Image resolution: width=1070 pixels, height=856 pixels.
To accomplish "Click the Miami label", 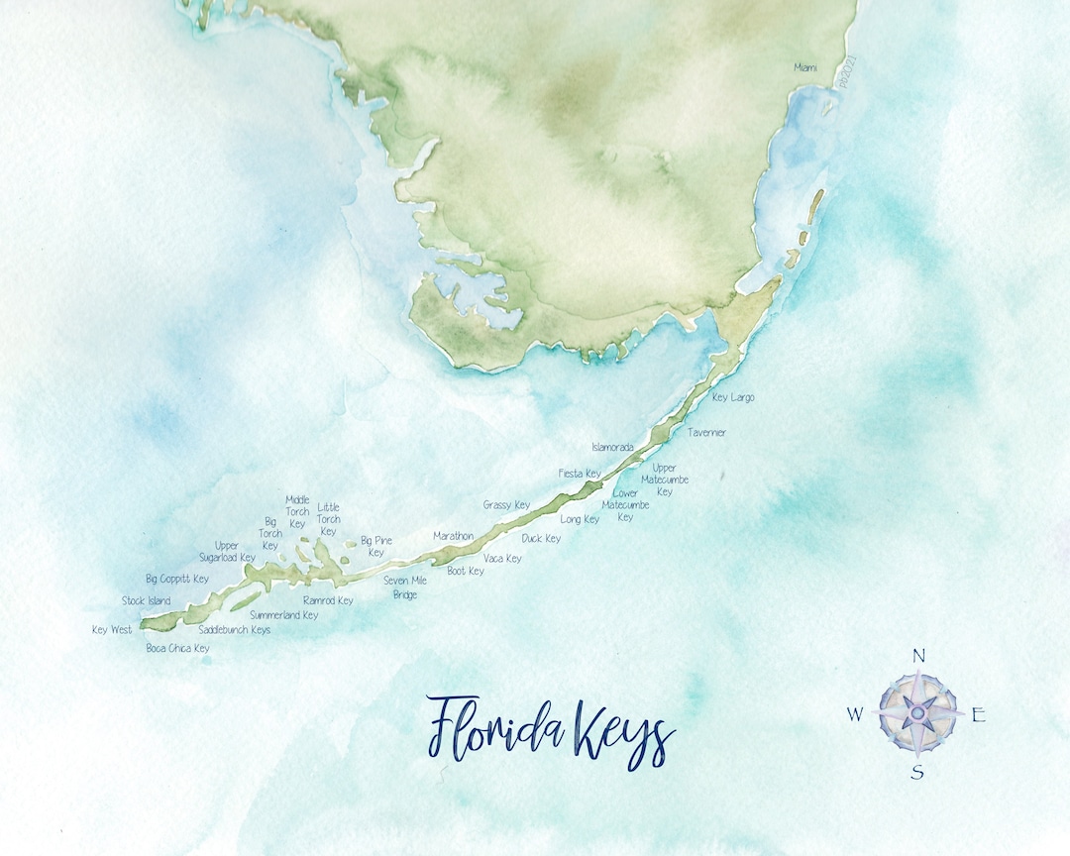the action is pos(807,67).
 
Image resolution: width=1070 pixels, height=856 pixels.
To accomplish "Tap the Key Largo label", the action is pos(733,397).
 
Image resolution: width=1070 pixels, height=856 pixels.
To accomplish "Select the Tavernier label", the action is pos(706,433).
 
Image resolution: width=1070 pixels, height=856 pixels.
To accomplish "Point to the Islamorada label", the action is pos(612,448).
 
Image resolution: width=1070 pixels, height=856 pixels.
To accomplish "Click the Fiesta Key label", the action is pos(580,474).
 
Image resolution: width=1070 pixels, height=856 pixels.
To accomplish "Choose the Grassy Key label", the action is pos(506,505).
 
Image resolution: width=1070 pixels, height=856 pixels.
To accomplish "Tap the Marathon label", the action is pos(453,536).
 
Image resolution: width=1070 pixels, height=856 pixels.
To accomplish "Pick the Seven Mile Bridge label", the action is pos(405,588).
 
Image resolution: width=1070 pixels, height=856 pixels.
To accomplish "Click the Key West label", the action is pos(112,630).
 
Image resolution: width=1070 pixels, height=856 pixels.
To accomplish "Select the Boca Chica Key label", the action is pos(177,649).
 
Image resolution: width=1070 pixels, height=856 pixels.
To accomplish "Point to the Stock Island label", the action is pos(146,601).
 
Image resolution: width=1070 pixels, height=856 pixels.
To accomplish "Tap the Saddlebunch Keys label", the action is pos(234,630).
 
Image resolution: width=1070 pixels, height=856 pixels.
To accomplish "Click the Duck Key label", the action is pos(541,539).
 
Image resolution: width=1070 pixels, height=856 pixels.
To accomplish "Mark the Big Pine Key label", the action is pos(376,546).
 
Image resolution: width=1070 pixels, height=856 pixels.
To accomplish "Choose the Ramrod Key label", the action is pos(328,600).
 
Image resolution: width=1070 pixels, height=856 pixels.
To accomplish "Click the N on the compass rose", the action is pos(918,655).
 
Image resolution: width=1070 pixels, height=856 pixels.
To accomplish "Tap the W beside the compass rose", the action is pos(854,714).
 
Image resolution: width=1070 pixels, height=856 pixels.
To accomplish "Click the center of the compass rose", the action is pos(918,711).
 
